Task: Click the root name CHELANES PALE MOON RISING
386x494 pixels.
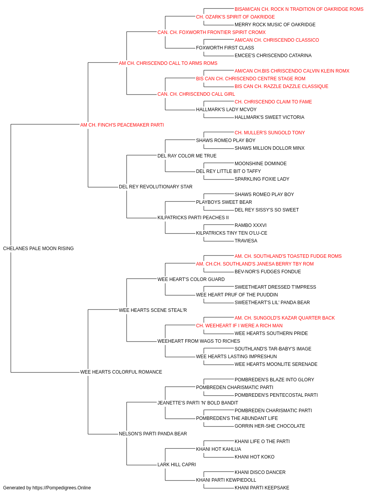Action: click(38, 249)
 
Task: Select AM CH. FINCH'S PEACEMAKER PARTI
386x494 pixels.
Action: click(122, 125)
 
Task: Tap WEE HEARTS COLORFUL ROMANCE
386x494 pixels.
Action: click(121, 372)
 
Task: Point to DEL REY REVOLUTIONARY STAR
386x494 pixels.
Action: click(156, 187)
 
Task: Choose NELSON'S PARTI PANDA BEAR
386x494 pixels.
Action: click(153, 434)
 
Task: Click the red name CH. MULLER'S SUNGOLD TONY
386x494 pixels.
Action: click(269, 133)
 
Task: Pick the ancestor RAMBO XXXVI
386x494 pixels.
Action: click(251, 225)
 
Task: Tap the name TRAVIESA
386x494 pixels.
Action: click(246, 241)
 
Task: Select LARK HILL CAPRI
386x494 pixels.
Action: click(177, 465)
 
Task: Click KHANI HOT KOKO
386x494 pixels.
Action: click(254, 457)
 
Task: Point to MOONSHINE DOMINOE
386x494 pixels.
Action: click(261, 164)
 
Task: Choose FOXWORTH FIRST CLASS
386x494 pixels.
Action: click(225, 48)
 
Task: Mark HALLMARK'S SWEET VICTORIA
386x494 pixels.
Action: click(269, 117)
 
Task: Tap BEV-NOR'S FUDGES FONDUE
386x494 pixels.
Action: click(267, 272)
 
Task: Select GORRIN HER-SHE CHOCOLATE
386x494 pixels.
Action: click(270, 426)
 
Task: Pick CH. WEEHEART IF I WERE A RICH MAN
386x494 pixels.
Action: click(239, 326)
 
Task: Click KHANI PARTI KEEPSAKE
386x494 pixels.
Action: click(262, 488)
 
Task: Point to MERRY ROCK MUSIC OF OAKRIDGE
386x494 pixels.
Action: click(275, 25)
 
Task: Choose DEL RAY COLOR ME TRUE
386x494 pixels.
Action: click(187, 156)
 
